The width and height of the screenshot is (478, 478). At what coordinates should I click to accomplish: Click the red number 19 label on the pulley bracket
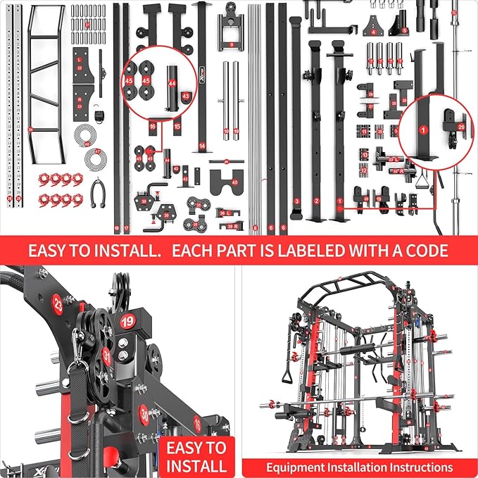coord(127,321)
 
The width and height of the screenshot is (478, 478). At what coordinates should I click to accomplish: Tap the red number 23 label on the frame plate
coord(58,307)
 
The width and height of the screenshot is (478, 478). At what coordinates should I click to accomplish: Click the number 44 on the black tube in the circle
coord(172,83)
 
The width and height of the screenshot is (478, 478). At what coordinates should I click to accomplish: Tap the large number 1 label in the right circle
coord(423,130)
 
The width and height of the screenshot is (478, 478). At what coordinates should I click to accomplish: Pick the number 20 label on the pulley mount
coord(460,126)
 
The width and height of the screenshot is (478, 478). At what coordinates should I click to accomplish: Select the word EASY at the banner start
coord(51,250)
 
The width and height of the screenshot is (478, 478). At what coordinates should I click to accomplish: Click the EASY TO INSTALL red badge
coord(196,455)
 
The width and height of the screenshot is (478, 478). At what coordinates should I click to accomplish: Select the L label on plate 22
coord(80,58)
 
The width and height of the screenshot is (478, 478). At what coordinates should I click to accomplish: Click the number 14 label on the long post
coord(202,146)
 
